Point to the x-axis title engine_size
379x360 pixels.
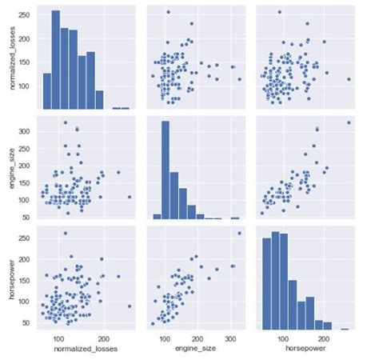(x=192, y=349)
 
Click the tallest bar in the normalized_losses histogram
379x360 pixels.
(x=55, y=60)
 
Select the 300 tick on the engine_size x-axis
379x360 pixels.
(x=232, y=338)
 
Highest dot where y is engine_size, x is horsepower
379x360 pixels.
(x=349, y=122)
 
